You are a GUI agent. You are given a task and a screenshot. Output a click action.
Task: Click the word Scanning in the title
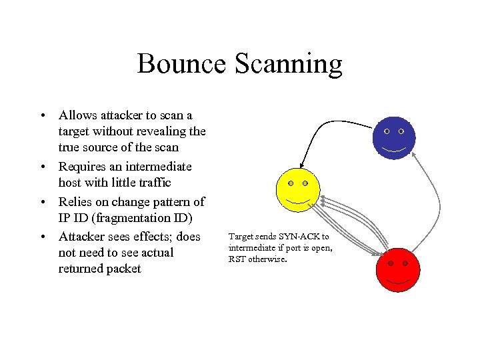click(288, 64)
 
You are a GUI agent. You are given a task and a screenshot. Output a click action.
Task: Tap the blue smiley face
click(394, 137)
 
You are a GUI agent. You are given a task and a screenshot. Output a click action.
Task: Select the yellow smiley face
click(298, 189)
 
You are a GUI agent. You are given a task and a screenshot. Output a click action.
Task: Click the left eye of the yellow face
click(290, 183)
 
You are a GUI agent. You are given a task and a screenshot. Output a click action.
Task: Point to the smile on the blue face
click(394, 149)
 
